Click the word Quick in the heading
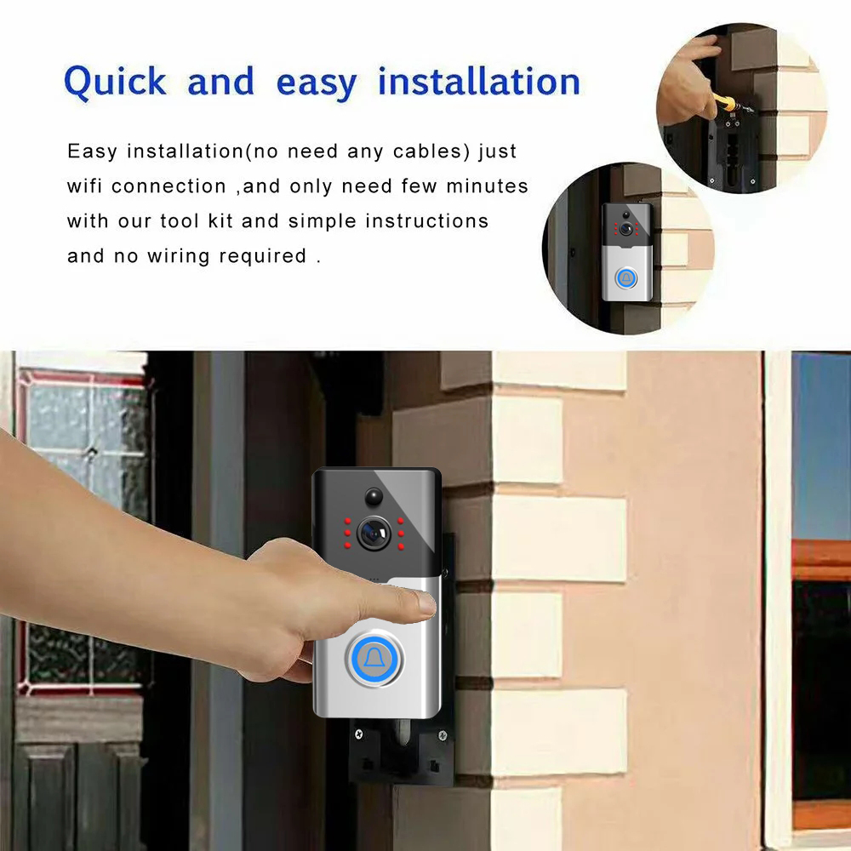[x=115, y=83]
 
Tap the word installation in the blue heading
[x=479, y=82]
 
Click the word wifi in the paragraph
[x=84, y=186]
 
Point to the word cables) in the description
[x=431, y=151]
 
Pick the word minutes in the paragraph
[x=487, y=186]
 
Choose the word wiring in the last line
[x=179, y=256]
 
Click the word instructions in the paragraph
[x=426, y=221]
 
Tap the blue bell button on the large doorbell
[x=374, y=659]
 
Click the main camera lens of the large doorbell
[x=374, y=534]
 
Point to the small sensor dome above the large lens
[x=374, y=496]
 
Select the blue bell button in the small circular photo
[x=627, y=278]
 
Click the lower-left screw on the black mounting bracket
[x=358, y=734]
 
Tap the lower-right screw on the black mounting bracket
[x=443, y=735]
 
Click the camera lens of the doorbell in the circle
[x=627, y=229]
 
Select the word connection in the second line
[x=168, y=186]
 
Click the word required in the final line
[x=263, y=256]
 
